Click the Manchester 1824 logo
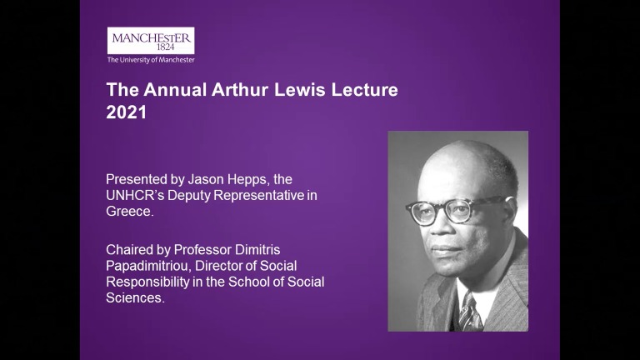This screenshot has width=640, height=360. click(x=151, y=40)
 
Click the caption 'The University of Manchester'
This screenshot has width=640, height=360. click(x=151, y=60)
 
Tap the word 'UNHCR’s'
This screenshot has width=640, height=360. click(x=137, y=195)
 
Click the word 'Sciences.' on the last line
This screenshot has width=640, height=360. click(x=135, y=297)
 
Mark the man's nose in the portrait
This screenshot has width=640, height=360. click(x=442, y=227)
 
